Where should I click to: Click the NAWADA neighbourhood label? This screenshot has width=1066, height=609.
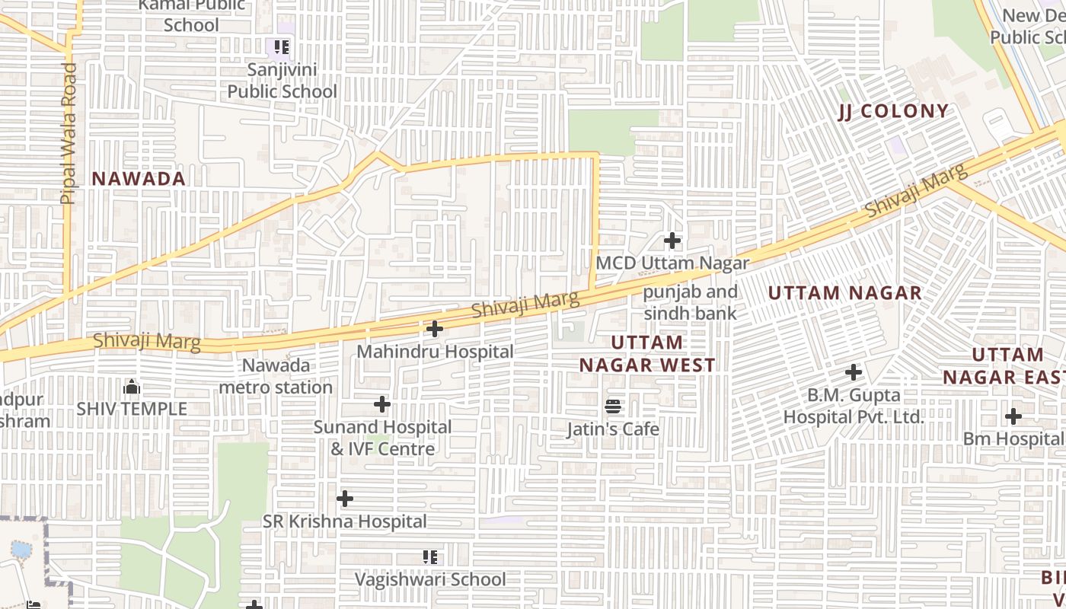[139, 179]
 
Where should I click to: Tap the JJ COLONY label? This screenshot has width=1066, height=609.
[893, 111]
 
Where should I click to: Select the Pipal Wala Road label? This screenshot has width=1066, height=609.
[68, 133]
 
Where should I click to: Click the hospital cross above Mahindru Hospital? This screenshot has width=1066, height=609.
[434, 329]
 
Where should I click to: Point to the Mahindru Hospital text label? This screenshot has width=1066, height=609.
[435, 352]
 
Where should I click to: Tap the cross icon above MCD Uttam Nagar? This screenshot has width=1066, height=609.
[672, 241]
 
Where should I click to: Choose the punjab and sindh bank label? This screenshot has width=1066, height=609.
[690, 302]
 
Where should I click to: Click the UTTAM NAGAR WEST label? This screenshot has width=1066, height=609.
[647, 354]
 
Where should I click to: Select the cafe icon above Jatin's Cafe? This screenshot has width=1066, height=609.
[613, 407]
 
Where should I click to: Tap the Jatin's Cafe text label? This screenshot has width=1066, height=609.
[613, 429]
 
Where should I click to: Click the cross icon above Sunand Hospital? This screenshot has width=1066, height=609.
[382, 404]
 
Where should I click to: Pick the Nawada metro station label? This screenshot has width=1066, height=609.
[276, 376]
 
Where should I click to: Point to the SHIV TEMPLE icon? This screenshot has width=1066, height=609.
[132, 387]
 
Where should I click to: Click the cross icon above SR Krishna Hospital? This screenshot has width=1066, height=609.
[345, 499]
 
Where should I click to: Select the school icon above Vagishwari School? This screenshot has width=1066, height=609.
[430, 557]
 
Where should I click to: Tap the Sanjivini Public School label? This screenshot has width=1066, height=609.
[282, 81]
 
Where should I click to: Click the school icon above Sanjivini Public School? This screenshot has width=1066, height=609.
[282, 47]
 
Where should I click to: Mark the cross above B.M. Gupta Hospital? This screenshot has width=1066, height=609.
[854, 372]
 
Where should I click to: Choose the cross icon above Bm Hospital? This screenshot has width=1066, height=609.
[1013, 416]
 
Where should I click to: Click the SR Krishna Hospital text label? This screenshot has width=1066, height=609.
[344, 521]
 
